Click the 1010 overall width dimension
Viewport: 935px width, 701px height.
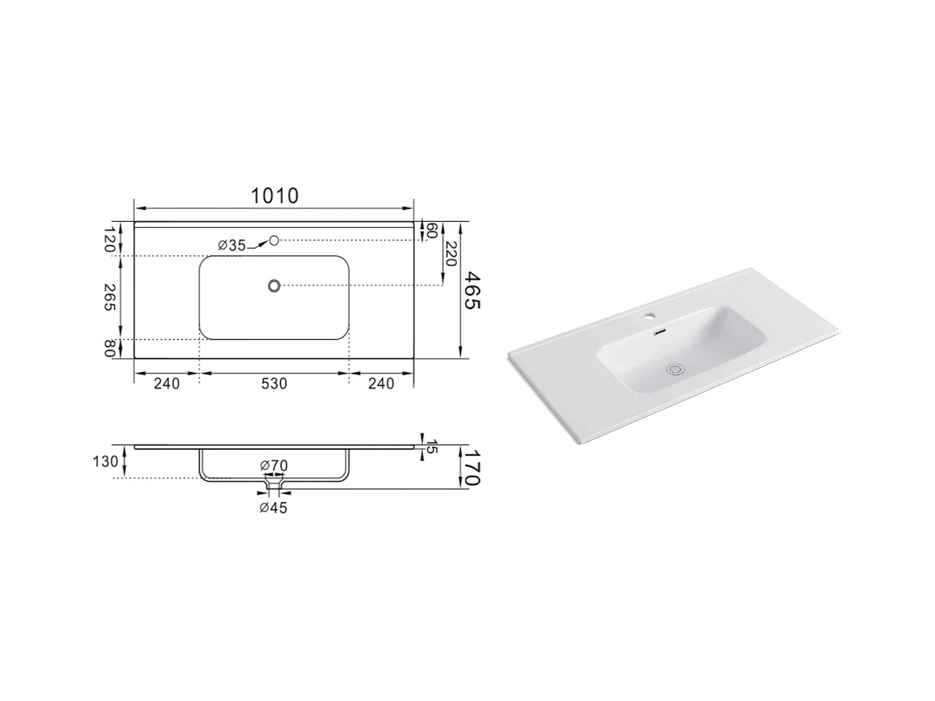pos(274,196)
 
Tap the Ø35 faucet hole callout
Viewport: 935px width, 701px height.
pos(232,245)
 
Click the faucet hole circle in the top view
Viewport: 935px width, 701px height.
pos(274,241)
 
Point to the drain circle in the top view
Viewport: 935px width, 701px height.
pos(274,285)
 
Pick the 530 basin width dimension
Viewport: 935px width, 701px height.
pos(274,383)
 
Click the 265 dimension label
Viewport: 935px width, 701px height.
pos(110,297)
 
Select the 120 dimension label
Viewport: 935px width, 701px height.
pos(110,239)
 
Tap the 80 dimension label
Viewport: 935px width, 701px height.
pos(110,348)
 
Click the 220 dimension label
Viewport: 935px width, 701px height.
pos(451,254)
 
